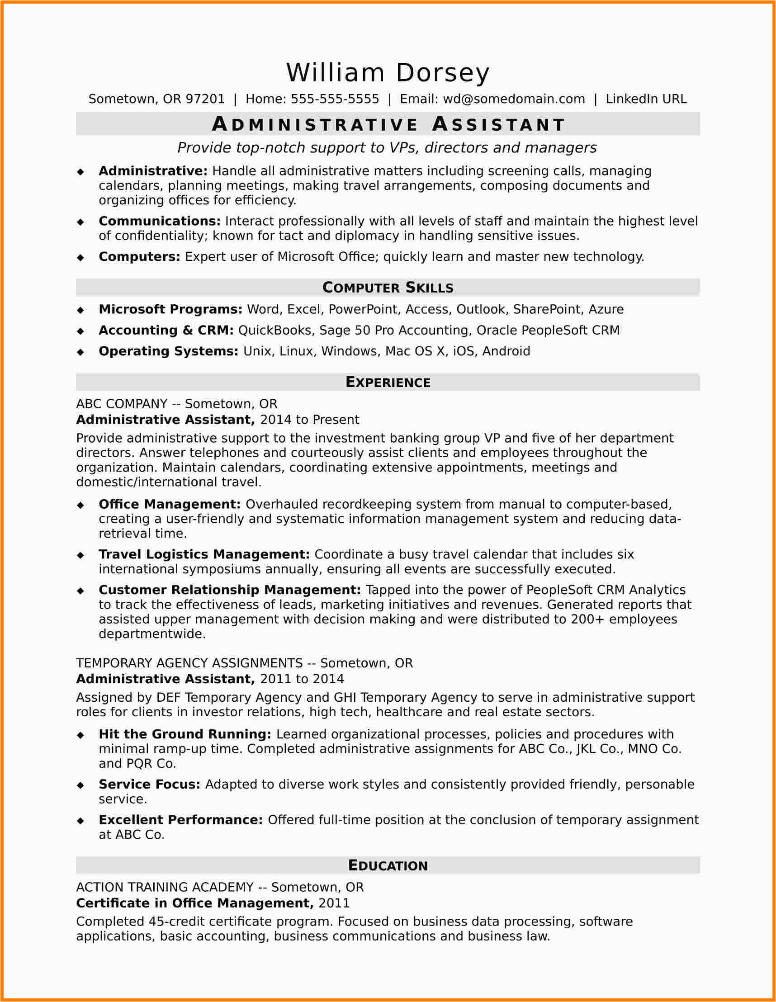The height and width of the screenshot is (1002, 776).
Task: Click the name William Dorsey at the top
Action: tap(388, 73)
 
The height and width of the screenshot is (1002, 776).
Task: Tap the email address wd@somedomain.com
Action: tap(514, 99)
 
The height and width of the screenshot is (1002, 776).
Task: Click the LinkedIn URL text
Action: tap(646, 99)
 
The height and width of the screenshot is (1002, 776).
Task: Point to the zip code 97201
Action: tap(205, 99)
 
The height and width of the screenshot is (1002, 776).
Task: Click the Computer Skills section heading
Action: tap(388, 288)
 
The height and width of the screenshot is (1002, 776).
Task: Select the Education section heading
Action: tap(388, 866)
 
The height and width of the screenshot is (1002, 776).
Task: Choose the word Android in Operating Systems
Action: tap(506, 351)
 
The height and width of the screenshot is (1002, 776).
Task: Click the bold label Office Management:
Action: tap(169, 504)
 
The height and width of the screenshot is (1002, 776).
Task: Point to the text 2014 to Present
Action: tap(309, 420)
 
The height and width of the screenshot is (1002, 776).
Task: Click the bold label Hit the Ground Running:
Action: tap(185, 734)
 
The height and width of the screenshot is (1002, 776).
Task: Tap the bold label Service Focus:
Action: tap(150, 784)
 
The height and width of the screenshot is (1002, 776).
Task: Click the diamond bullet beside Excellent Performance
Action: tap(81, 820)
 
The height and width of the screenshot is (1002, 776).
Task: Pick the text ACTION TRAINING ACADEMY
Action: tap(165, 887)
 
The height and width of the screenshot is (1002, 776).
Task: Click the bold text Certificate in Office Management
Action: tap(194, 903)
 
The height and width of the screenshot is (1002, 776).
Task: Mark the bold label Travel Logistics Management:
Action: tap(204, 554)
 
